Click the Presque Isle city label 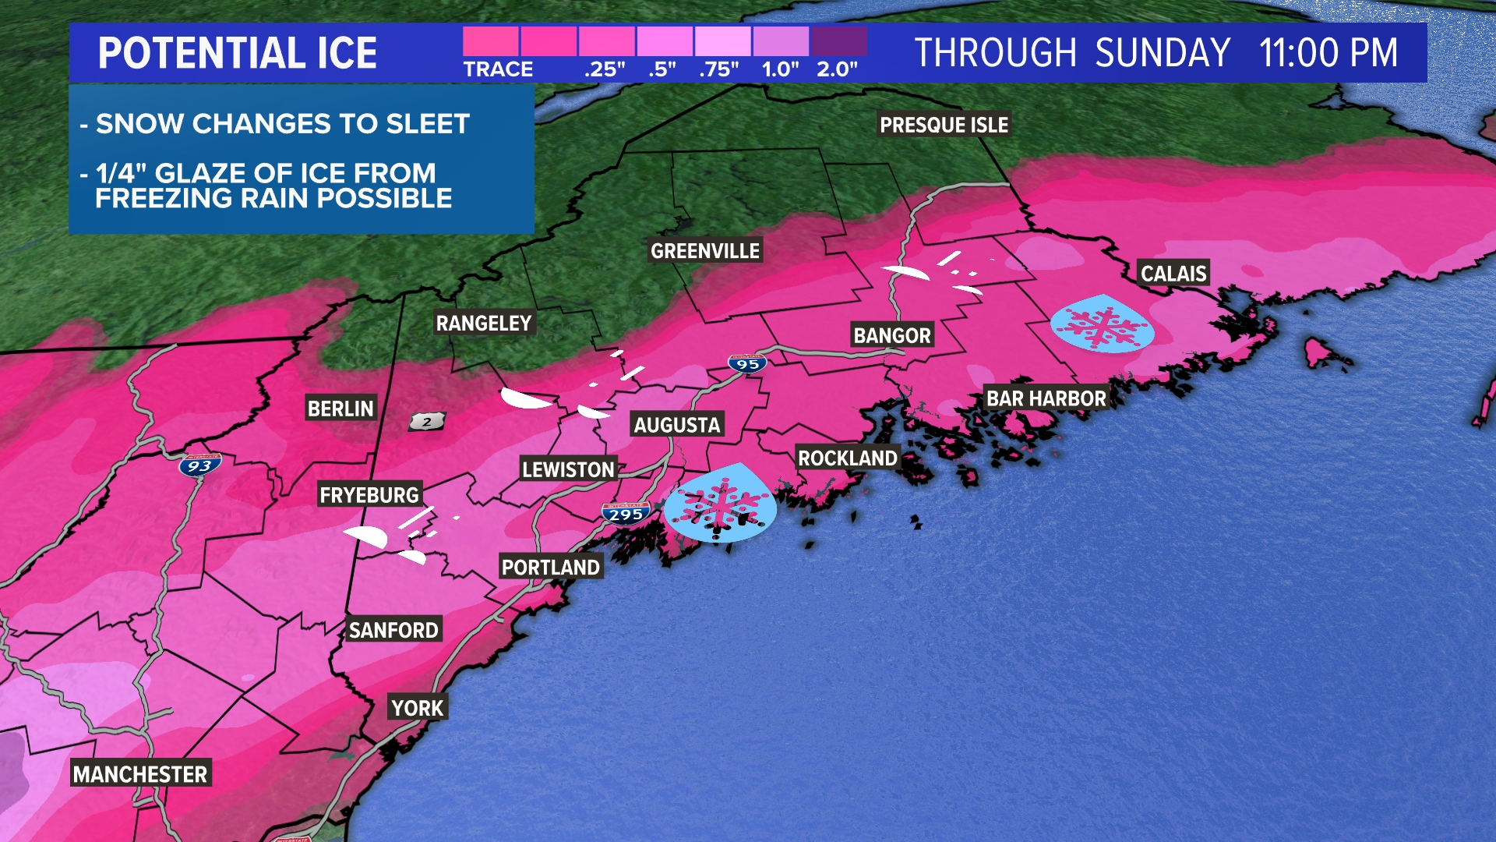click(x=944, y=125)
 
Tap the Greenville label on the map click(x=705, y=251)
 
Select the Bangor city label click(x=892, y=336)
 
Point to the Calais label click(x=1173, y=274)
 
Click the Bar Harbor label click(x=1046, y=399)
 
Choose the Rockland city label click(x=848, y=458)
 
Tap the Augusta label click(x=677, y=425)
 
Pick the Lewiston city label click(x=568, y=469)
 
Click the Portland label click(x=550, y=568)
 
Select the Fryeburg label click(x=369, y=495)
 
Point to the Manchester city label click(x=140, y=774)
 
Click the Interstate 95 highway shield click(x=747, y=363)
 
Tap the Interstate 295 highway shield click(x=626, y=514)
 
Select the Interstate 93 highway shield click(x=199, y=465)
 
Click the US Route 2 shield click(x=427, y=422)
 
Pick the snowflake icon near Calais click(x=1102, y=324)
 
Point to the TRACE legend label click(x=498, y=69)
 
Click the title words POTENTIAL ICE click(x=238, y=53)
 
